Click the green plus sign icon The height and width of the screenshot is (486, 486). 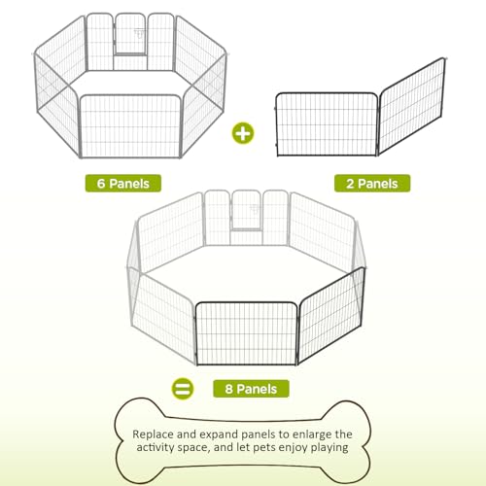click(x=243, y=133)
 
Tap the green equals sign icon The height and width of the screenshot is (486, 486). click(x=183, y=389)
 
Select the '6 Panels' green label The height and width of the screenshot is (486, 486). click(x=123, y=184)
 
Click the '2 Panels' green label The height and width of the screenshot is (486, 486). click(x=372, y=184)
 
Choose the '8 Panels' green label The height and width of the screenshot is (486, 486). click(x=251, y=389)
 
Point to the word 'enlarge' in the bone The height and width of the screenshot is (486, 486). click(x=310, y=434)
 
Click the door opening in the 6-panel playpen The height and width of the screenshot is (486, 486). click(x=130, y=33)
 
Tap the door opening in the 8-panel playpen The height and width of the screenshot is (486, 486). click(x=246, y=210)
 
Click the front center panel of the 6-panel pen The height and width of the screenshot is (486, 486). click(x=130, y=126)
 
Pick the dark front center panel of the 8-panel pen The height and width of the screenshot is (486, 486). click(x=247, y=333)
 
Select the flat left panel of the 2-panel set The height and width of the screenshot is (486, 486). click(x=327, y=124)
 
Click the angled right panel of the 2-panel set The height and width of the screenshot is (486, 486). click(x=411, y=106)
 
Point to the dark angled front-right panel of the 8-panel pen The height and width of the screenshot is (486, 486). click(x=330, y=315)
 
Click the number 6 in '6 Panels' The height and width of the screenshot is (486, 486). click(x=101, y=184)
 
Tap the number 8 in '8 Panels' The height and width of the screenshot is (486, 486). click(x=228, y=389)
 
